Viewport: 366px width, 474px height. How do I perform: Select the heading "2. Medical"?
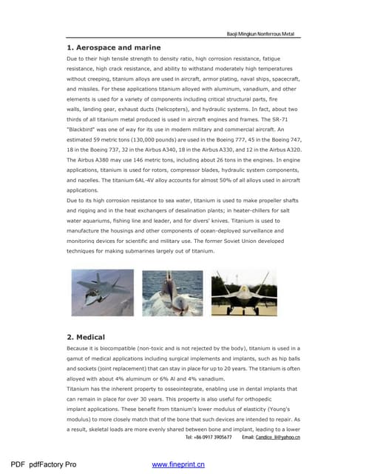(x=86, y=337)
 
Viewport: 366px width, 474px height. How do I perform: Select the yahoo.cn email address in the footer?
(x=277, y=439)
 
